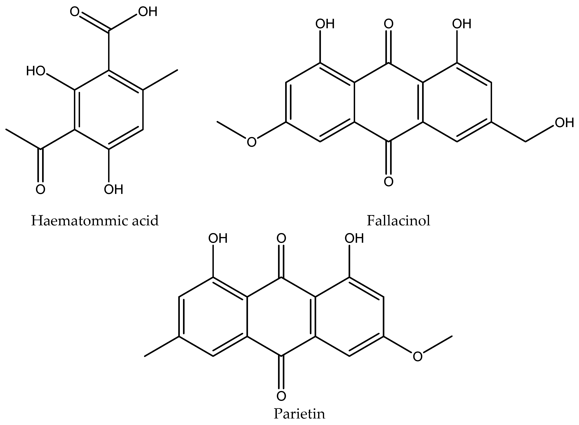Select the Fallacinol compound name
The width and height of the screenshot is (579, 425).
click(398, 221)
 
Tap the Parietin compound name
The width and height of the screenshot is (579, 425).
click(299, 414)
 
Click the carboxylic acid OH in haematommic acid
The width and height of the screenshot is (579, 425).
click(148, 12)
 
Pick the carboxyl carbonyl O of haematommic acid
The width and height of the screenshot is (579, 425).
click(74, 12)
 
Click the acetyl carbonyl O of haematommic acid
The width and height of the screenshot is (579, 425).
click(40, 189)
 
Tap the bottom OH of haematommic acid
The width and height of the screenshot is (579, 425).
click(113, 189)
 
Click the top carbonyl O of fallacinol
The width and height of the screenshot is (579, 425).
click(389, 24)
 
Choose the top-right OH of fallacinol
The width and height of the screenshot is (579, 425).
click(461, 24)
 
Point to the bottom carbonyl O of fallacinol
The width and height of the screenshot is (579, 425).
click(389, 181)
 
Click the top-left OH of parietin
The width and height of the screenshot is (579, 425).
click(218, 238)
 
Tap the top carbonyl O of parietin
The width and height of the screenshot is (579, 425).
click(281, 238)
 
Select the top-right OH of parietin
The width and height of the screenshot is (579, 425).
click(354, 238)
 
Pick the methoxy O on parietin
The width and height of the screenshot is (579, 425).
click(418, 357)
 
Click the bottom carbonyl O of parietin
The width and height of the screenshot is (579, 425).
click(281, 396)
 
